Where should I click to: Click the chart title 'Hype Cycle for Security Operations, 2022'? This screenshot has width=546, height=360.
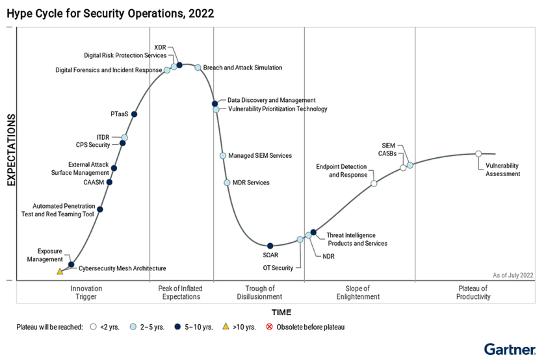pyautogui.click(x=110, y=13)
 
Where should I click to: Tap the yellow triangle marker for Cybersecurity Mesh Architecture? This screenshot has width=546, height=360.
pyautogui.click(x=60, y=271)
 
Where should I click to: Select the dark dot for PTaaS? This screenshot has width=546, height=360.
pyautogui.click(x=134, y=114)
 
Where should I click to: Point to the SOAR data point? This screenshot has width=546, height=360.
pyautogui.click(x=270, y=245)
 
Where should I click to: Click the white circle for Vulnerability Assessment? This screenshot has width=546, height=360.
pyautogui.click(x=478, y=154)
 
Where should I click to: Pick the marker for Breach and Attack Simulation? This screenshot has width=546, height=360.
pyautogui.click(x=198, y=68)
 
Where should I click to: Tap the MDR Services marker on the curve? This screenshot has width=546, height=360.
pyautogui.click(x=227, y=183)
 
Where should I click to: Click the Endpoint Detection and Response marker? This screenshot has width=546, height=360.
pyautogui.click(x=374, y=184)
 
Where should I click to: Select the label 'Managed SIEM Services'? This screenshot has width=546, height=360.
pyautogui.click(x=260, y=156)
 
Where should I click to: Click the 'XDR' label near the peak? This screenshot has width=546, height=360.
pyautogui.click(x=161, y=47)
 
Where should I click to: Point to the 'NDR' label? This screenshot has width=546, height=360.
pyautogui.click(x=328, y=257)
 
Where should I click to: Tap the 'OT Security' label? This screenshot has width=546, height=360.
pyautogui.click(x=278, y=268)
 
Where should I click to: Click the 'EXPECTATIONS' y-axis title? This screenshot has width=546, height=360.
pyautogui.click(x=11, y=150)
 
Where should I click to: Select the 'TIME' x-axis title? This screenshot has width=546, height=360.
pyautogui.click(x=281, y=313)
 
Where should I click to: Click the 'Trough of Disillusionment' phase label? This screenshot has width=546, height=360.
pyautogui.click(x=259, y=292)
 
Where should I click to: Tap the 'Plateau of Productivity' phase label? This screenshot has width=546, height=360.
pyautogui.click(x=473, y=292)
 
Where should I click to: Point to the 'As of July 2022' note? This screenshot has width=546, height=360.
pyautogui.click(x=513, y=276)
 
